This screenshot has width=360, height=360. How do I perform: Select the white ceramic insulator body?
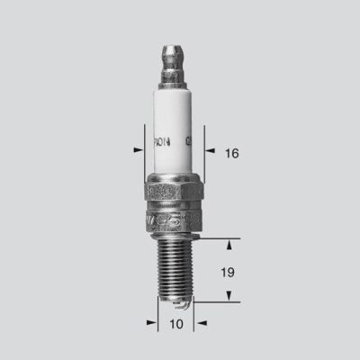pyautogui.click(x=174, y=126)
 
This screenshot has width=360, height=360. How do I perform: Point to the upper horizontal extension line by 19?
pyautogui.click(x=220, y=240)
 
